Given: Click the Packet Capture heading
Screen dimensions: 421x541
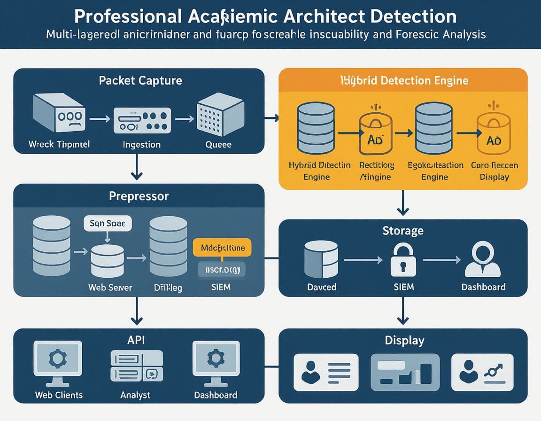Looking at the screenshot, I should point(140,80).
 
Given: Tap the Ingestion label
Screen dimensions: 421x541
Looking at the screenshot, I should point(141,144).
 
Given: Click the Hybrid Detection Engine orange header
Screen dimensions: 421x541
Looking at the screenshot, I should point(403,80).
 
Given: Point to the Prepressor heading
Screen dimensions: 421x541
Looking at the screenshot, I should point(139,195).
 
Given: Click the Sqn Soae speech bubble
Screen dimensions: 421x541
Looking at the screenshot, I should point(108,224).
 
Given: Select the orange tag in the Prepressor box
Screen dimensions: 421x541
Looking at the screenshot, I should point(222,248).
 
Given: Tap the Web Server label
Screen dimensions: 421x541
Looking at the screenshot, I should point(110,287).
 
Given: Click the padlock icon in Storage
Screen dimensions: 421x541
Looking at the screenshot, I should point(403,260).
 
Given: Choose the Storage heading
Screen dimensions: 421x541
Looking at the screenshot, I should point(402,231).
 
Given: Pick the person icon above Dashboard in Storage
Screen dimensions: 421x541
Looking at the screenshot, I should point(483,260).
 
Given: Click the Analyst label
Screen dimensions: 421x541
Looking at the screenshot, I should point(135,395).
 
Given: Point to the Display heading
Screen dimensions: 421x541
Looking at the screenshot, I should point(404,340).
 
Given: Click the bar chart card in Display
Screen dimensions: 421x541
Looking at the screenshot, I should point(405,372).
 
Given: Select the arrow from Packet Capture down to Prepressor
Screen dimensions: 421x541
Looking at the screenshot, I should point(137,167).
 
